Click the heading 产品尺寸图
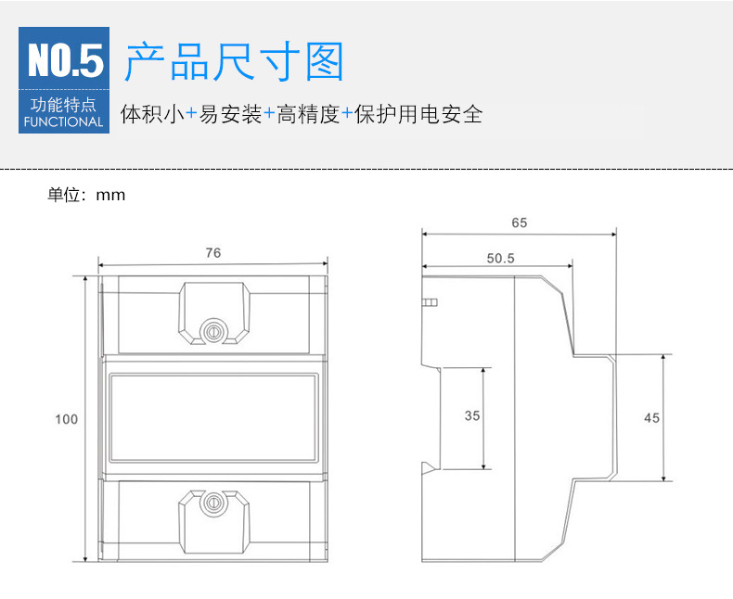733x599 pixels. pyautogui.click(x=234, y=61)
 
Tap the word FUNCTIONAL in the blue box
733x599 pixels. pyautogui.click(x=63, y=121)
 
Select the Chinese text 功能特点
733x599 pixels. pyautogui.click(x=63, y=105)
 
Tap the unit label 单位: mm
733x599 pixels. pyautogui.click(x=86, y=195)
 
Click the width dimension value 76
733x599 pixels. pyautogui.click(x=212, y=253)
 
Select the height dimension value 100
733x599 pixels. pyautogui.click(x=66, y=419)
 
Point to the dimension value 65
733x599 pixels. pyautogui.click(x=519, y=223)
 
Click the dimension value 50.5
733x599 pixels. pyautogui.click(x=499, y=259)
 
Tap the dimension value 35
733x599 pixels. pyautogui.click(x=472, y=416)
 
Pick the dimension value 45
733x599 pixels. pyautogui.click(x=651, y=418)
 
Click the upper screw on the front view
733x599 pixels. pyautogui.click(x=212, y=329)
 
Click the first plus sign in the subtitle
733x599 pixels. pyautogui.click(x=191, y=115)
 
